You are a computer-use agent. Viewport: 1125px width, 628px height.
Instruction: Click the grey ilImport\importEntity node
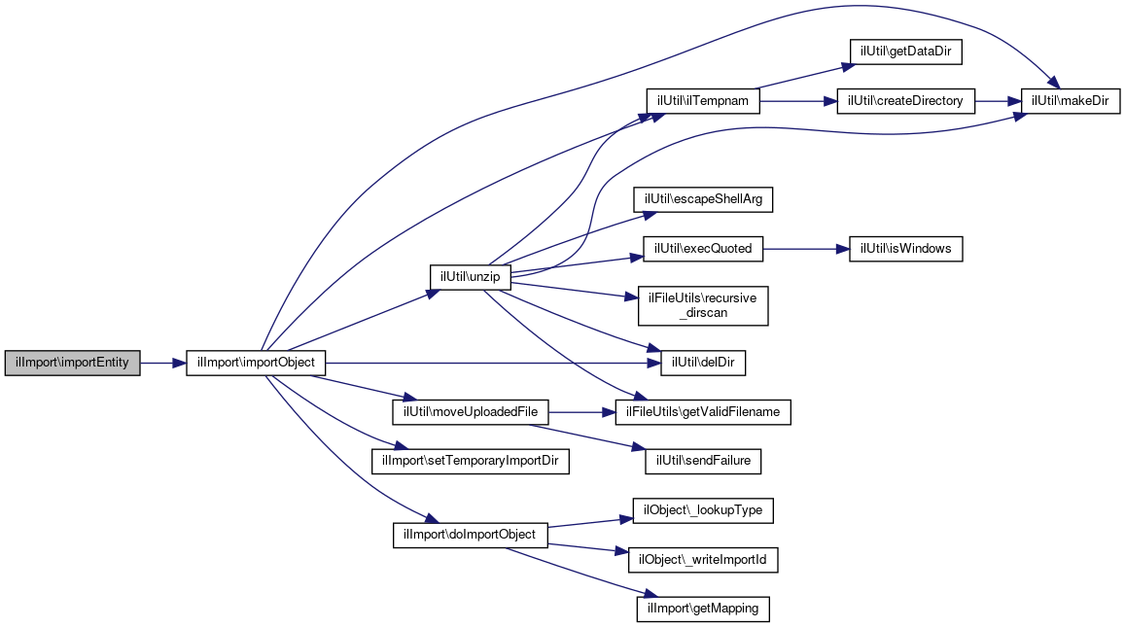[x=73, y=363]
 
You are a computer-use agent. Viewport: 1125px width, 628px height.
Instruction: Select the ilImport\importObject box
[x=256, y=363]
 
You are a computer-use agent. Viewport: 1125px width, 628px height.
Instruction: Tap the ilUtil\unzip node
[x=470, y=277]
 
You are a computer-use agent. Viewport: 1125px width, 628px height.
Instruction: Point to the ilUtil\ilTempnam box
[x=702, y=101]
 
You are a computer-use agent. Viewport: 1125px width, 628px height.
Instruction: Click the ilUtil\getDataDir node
[x=905, y=52]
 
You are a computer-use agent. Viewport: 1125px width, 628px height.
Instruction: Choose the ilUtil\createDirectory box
[x=905, y=101]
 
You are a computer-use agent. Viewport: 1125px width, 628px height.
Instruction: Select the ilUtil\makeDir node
[x=1070, y=101]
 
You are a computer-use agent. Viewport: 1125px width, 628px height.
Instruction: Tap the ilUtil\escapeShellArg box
[x=703, y=199]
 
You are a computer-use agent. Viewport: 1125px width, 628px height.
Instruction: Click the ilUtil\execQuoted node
[x=702, y=249]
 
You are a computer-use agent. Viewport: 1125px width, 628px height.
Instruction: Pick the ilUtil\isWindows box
[x=905, y=249]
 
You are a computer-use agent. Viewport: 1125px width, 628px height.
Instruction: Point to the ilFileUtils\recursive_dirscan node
[x=703, y=306]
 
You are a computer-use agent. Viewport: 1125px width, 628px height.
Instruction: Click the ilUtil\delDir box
[x=703, y=363]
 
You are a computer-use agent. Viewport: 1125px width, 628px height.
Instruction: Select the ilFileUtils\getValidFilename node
[x=703, y=412]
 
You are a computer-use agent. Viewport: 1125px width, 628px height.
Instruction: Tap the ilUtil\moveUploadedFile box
[x=470, y=412]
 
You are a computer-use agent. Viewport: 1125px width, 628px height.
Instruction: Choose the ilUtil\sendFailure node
[x=703, y=461]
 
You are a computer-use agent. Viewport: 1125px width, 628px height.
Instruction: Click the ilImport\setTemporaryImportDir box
[x=470, y=461]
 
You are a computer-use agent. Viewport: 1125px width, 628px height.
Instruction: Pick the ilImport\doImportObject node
[x=470, y=535]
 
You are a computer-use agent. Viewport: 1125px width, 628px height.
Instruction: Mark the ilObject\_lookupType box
[x=703, y=510]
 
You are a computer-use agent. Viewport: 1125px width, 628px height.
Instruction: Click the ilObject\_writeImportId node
[x=703, y=560]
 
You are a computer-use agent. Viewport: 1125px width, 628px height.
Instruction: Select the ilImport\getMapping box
[x=703, y=609]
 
